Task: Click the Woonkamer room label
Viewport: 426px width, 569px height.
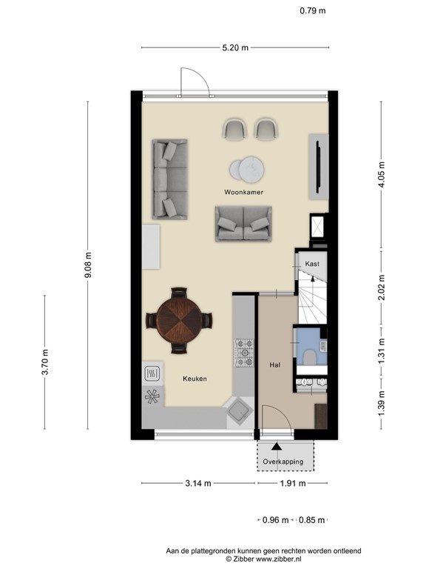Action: [x=244, y=192]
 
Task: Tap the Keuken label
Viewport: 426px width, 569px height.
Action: [x=195, y=379]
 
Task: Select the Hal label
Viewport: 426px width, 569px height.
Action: [x=274, y=365]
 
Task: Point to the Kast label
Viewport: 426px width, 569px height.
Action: [x=311, y=264]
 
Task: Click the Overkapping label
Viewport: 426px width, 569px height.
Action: [x=283, y=462]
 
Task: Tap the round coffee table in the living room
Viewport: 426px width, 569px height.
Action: [x=246, y=170]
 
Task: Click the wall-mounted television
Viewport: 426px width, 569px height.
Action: [x=318, y=167]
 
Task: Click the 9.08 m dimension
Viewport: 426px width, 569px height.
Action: [x=88, y=264]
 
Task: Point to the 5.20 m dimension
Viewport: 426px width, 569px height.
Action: [x=235, y=47]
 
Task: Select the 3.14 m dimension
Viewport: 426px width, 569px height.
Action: [x=198, y=483]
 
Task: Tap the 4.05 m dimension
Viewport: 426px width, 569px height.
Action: [x=382, y=175]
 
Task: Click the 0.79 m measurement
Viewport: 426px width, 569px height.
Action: [x=312, y=10]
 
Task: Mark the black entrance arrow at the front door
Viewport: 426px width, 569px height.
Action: [x=277, y=445]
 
